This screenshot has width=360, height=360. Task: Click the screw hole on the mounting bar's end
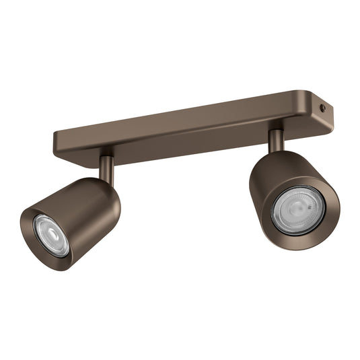tap(322, 108)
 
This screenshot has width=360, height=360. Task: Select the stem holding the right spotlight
tap(276, 139)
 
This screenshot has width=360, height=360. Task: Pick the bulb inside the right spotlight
tap(298, 210)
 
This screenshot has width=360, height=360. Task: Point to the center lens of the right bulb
tap(299, 211)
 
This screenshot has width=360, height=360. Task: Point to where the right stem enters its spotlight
tap(277, 151)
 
